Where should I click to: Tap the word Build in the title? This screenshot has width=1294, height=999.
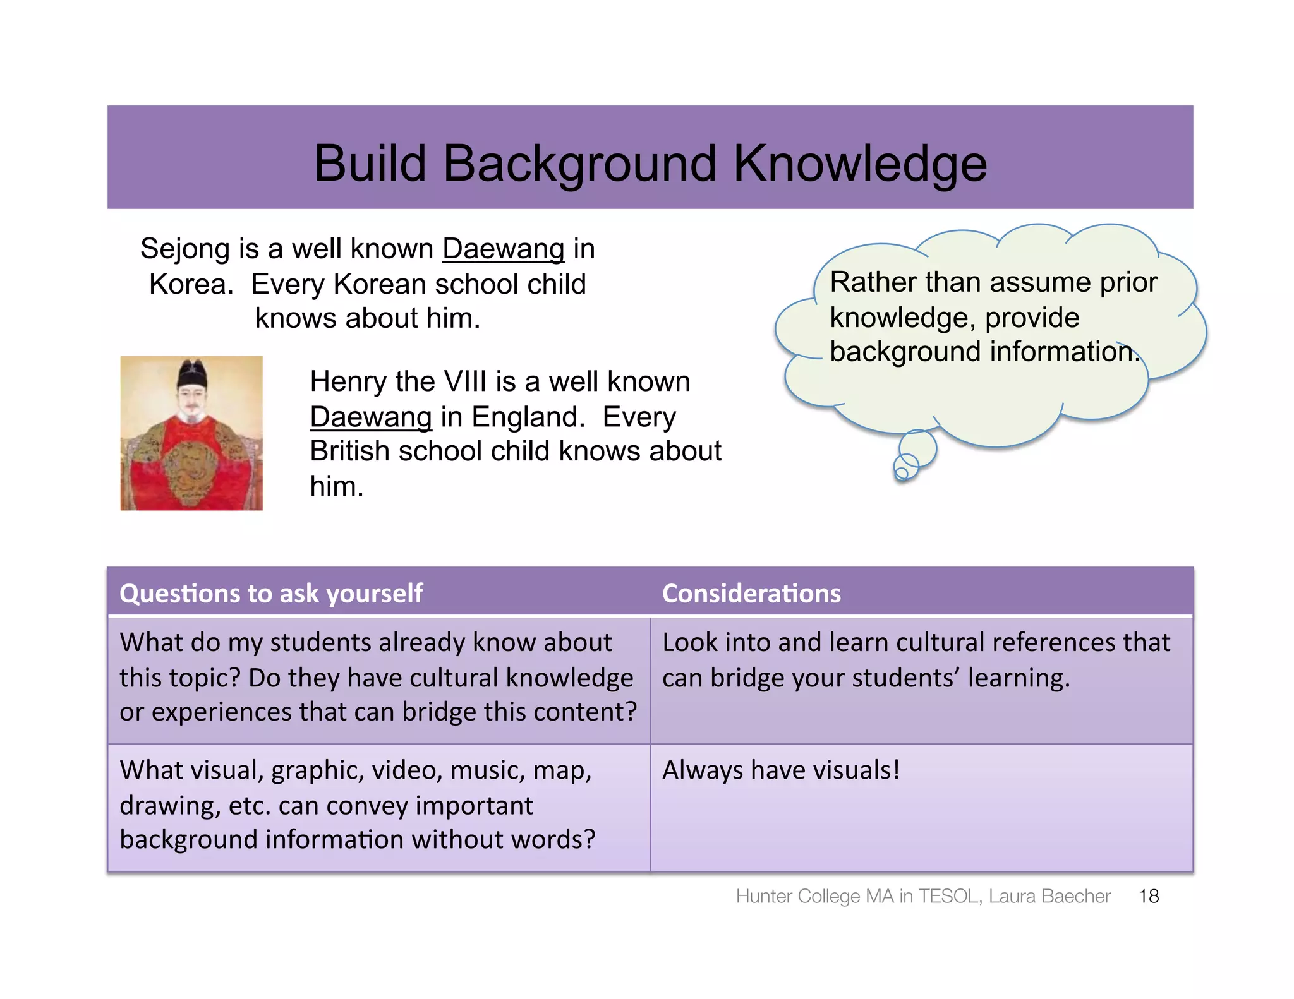pos(370,163)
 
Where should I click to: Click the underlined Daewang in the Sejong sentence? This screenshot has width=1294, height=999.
pos(503,249)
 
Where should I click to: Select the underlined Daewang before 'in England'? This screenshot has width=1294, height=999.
pos(371,417)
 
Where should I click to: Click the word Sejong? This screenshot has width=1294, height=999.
pos(184,249)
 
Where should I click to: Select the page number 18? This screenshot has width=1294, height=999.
pos(1148,896)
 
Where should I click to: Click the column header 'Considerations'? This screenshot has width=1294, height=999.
pos(751,594)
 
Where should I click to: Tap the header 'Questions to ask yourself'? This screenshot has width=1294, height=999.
pos(271,594)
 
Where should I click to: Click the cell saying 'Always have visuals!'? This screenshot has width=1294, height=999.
pos(781,770)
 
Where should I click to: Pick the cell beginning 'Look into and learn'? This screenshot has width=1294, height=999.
pos(916,660)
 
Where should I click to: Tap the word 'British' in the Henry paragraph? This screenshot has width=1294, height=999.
pos(349,452)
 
